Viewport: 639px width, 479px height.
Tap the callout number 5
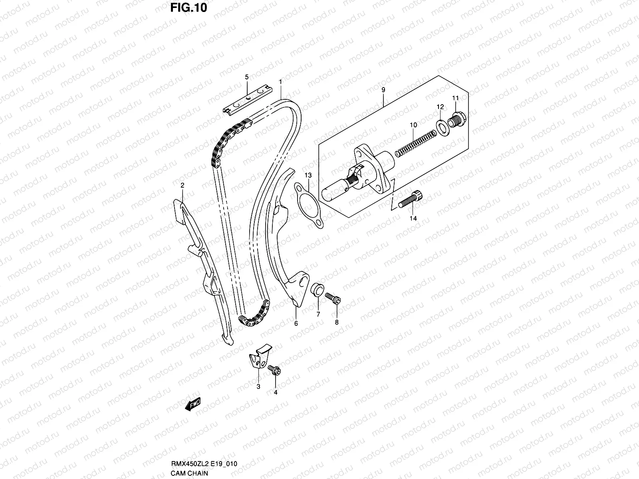pyautogui.click(x=247, y=76)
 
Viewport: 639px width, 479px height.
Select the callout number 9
pyautogui.click(x=383, y=90)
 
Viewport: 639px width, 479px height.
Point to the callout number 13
pyautogui.click(x=308, y=175)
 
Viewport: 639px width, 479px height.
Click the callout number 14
pyautogui.click(x=413, y=218)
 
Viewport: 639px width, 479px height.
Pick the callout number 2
pyautogui.click(x=182, y=185)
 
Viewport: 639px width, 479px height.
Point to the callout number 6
pyautogui.click(x=296, y=324)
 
